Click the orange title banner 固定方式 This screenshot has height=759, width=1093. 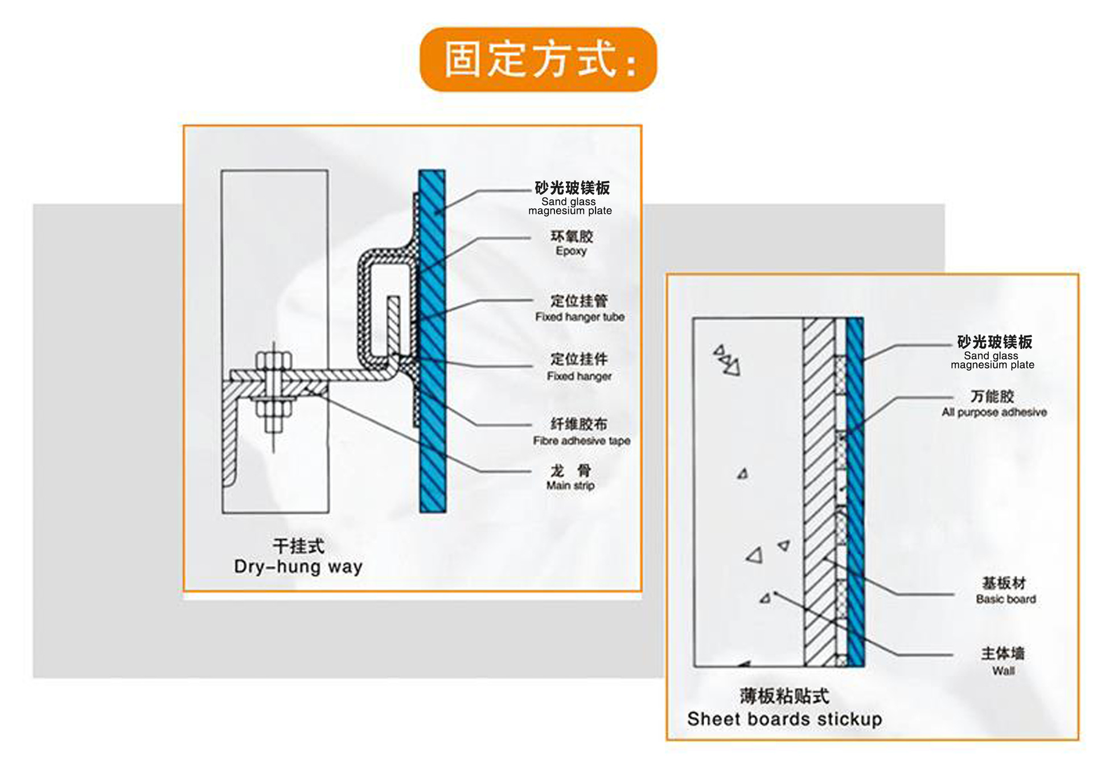click(x=538, y=59)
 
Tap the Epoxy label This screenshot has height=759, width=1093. click(x=571, y=251)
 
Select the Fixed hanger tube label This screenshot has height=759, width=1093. click(x=580, y=317)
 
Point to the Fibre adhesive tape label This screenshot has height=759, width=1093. click(x=581, y=441)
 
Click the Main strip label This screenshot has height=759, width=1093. click(x=570, y=485)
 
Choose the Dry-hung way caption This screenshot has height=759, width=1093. click(x=298, y=567)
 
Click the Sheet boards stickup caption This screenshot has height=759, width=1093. click(x=784, y=719)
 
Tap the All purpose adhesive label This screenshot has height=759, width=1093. click(x=994, y=412)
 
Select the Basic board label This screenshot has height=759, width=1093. click(x=1006, y=599)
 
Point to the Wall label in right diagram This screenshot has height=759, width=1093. click(x=1004, y=671)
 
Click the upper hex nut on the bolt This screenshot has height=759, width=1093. click(x=274, y=361)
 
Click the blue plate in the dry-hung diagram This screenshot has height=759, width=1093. click(x=432, y=341)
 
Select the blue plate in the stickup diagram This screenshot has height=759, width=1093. click(x=855, y=492)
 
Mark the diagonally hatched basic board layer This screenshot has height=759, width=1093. click(x=819, y=492)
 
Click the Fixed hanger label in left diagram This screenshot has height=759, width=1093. click(x=579, y=376)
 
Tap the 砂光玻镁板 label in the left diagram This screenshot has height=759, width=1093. click(x=572, y=188)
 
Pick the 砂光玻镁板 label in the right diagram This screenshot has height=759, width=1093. click(x=995, y=342)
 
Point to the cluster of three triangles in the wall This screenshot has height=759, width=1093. click(x=726, y=360)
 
